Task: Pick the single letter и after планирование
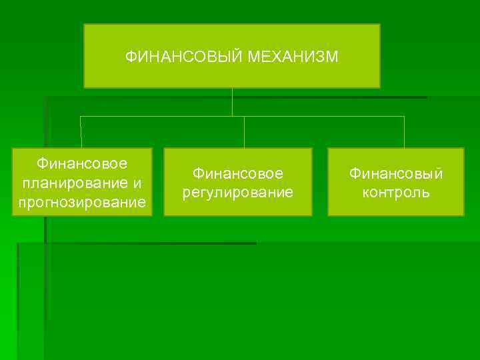(x=137, y=182)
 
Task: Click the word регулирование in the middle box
(x=238, y=193)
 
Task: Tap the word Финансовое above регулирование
(x=238, y=173)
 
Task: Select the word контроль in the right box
(x=396, y=193)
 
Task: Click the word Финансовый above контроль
(x=396, y=173)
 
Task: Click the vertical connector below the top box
(x=232, y=101)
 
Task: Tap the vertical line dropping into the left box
(x=81, y=131)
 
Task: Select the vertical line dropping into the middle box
(x=244, y=131)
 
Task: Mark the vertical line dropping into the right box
(x=404, y=131)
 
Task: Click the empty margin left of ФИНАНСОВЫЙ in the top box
(x=103, y=57)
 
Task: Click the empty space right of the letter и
(x=147, y=182)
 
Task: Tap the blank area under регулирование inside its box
(x=238, y=208)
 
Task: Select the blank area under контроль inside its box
(x=396, y=208)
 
